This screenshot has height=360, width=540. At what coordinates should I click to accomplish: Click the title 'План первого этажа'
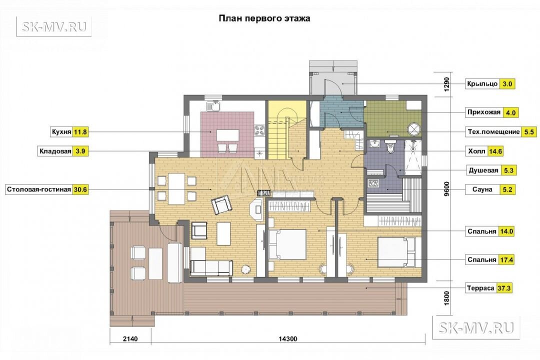264,18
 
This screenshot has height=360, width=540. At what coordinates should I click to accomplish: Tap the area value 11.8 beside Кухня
80,131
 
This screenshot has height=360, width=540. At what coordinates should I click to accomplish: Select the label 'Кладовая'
55,151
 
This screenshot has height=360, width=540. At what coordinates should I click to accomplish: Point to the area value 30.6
80,189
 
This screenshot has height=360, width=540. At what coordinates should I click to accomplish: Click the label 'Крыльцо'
482,83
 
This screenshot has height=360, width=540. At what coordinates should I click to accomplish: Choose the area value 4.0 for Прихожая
510,112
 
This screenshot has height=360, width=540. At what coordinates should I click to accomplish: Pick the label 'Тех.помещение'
493,132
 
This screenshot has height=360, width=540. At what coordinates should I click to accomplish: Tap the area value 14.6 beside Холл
495,151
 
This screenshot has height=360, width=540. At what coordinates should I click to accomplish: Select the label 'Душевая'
483,170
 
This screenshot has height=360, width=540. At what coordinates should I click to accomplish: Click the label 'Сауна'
482,189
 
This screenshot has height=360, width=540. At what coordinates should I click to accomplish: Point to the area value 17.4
506,260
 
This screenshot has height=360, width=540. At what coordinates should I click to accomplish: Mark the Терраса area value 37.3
504,288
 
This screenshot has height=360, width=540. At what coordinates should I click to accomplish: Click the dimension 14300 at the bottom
287,339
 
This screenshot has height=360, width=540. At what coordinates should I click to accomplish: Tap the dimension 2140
130,339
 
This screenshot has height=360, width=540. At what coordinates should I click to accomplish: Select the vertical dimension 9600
446,189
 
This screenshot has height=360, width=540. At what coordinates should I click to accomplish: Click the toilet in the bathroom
390,147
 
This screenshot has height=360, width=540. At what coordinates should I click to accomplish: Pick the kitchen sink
213,106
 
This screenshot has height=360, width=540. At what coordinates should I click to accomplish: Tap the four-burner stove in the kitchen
259,130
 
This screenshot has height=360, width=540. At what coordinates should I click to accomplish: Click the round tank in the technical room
413,129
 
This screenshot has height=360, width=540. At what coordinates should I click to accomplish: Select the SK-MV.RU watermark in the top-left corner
54,26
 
